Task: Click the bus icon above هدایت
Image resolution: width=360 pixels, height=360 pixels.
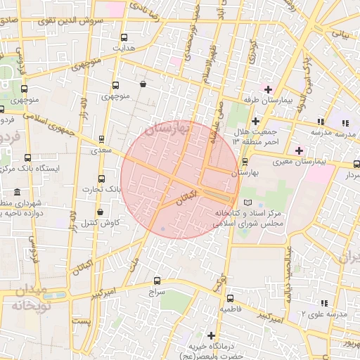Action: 124,38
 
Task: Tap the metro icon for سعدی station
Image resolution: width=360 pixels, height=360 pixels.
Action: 102,139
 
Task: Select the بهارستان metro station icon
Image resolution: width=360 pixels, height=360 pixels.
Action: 245,161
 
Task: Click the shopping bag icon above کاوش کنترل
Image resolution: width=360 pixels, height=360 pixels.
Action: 100,212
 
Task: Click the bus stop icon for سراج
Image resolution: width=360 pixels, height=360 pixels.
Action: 156,279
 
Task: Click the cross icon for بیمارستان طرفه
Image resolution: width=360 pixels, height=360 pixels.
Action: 268,89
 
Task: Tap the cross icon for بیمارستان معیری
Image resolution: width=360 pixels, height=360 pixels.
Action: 299,150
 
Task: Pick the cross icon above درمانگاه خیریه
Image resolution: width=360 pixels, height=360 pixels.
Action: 211,335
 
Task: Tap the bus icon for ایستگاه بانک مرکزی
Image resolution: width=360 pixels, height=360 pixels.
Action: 27,158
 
